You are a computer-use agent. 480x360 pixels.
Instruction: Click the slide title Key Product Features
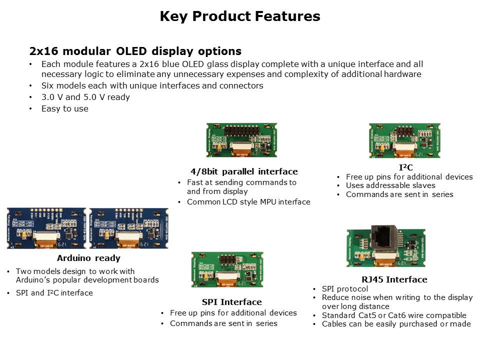pyautogui.click(x=240, y=16)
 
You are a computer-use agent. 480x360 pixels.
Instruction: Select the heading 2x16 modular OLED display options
pyautogui.click(x=135, y=51)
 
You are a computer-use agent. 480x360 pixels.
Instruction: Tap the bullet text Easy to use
pyautogui.click(x=64, y=108)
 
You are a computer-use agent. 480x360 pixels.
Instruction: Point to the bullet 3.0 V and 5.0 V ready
pyautogui.click(x=85, y=97)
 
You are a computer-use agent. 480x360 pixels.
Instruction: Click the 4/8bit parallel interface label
pyautogui.click(x=244, y=171)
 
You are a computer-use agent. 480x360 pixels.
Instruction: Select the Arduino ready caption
pyautogui.click(x=88, y=258)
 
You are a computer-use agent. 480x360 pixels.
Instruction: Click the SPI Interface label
pyautogui.click(x=231, y=302)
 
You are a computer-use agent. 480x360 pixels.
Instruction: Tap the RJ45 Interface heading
pyautogui.click(x=394, y=279)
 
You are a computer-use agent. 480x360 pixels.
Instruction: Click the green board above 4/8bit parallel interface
pyautogui.click(x=241, y=141)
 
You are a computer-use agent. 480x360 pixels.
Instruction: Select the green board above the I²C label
pyautogui.click(x=405, y=141)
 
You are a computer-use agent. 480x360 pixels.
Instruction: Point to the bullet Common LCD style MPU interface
pyautogui.click(x=248, y=202)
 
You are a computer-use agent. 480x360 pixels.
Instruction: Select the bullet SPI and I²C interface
pyautogui.click(x=54, y=293)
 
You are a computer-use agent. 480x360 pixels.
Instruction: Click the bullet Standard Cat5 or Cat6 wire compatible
pyautogui.click(x=394, y=315)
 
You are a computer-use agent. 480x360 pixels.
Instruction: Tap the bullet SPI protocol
pyautogui.click(x=345, y=289)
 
